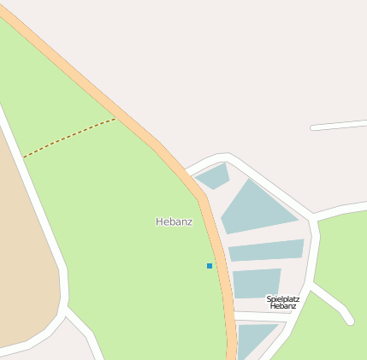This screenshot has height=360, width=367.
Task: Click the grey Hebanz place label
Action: click(174, 221)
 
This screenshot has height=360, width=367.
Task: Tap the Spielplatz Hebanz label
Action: click(283, 302)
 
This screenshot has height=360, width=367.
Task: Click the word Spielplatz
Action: click(283, 298)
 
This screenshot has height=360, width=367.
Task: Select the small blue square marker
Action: click(210, 266)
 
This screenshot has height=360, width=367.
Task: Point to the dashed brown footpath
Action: click(68, 138)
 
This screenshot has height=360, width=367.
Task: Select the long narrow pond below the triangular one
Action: click(266, 250)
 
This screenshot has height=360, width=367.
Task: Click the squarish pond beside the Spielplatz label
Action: click(256, 283)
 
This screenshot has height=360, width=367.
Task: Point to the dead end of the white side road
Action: click(349, 321)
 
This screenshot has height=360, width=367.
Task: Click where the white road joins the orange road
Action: click(187, 170)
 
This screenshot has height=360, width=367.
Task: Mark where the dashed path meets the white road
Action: click(23, 158)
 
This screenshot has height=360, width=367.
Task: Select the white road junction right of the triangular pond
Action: click(315, 217)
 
